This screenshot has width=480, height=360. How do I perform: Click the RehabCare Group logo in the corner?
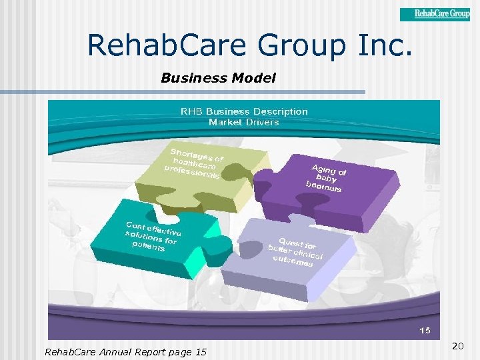(x=435, y=14)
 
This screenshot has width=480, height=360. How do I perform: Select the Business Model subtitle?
(x=218, y=78)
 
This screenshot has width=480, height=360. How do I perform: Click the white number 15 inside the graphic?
(x=425, y=331)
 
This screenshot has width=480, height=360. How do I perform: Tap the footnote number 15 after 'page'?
(x=201, y=351)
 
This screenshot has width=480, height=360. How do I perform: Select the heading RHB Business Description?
(x=244, y=111)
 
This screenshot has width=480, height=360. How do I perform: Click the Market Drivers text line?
(x=244, y=122)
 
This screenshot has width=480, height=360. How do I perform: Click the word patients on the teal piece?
(x=148, y=246)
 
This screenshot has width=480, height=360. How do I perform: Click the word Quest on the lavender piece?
(x=291, y=243)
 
